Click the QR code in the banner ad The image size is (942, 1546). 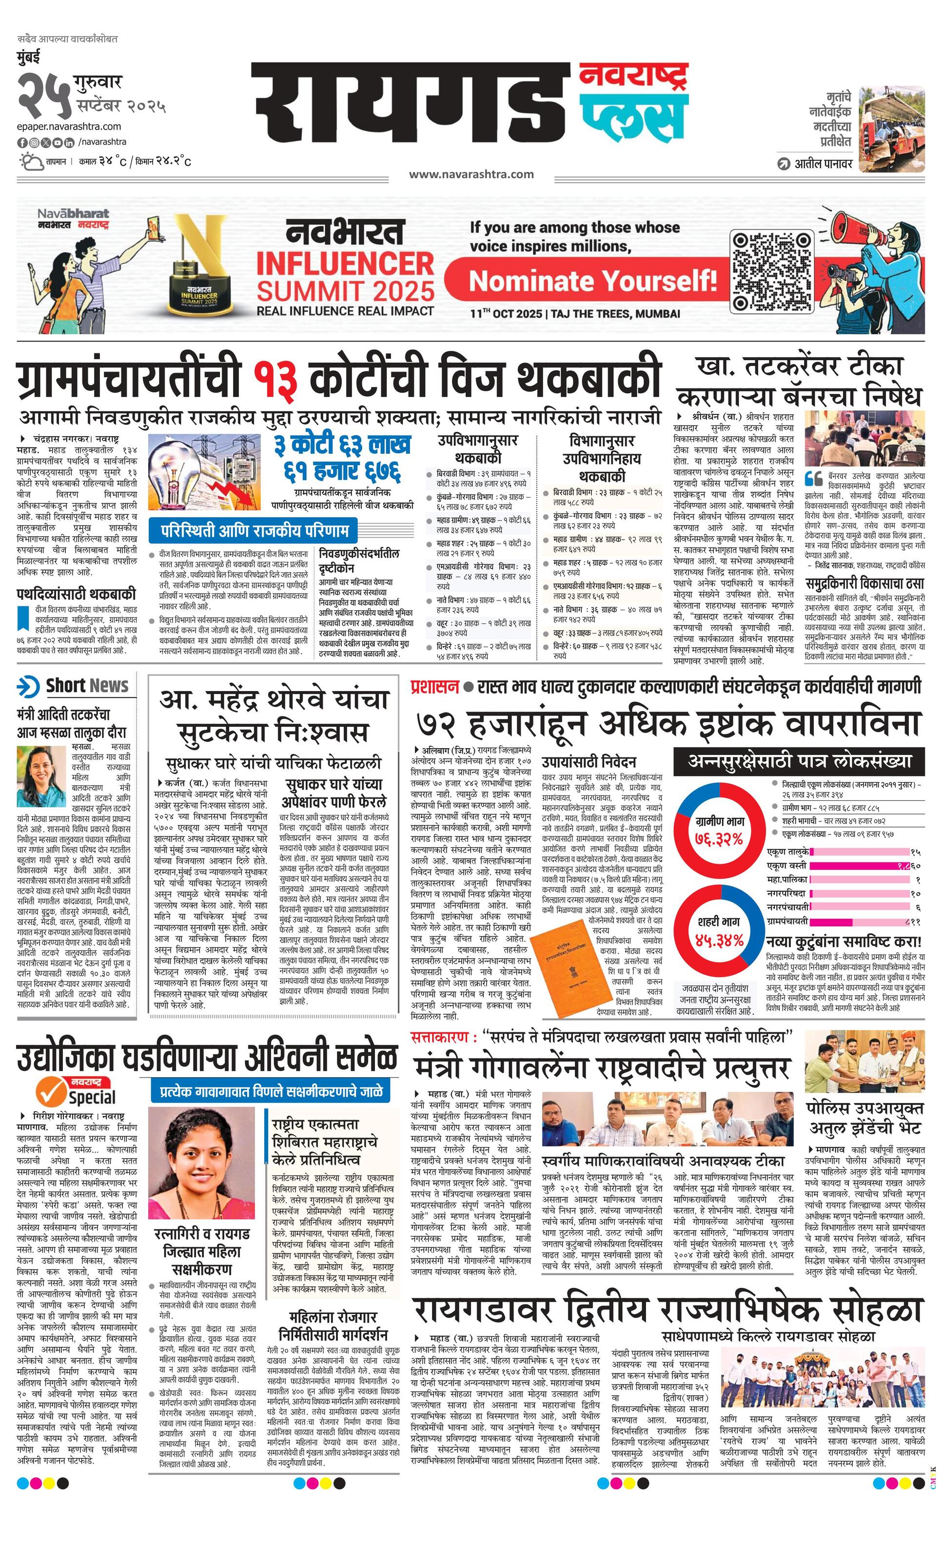[772, 272]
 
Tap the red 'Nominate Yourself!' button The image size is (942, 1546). [592, 280]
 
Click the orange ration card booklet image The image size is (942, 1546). [563, 968]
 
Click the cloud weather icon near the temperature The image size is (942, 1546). [29, 161]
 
